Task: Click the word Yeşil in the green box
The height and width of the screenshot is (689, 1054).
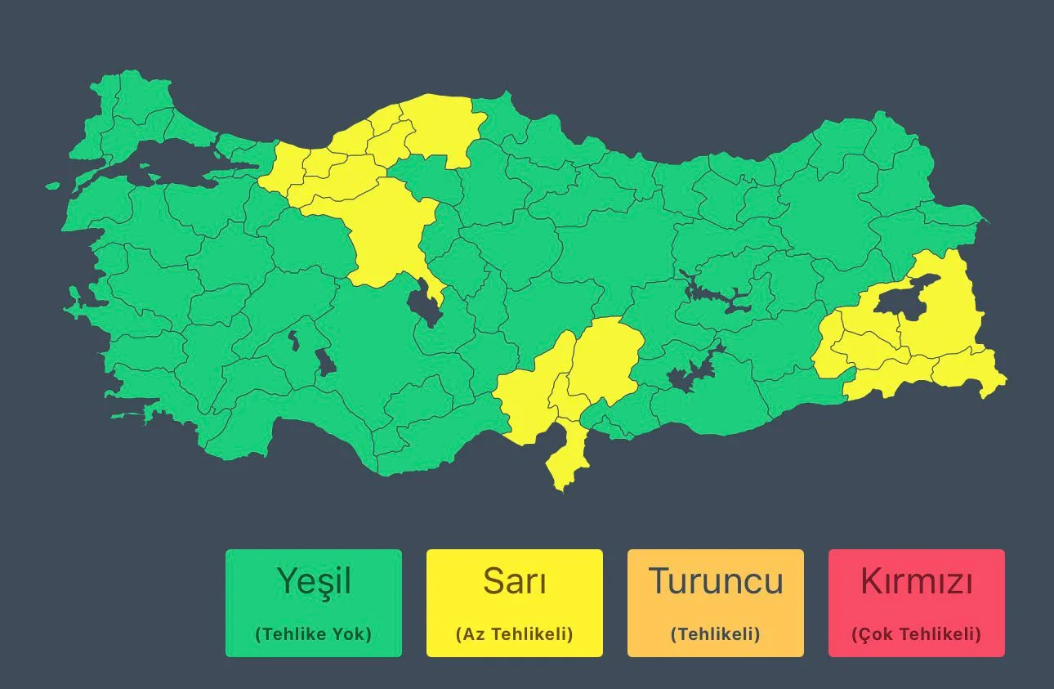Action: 314,582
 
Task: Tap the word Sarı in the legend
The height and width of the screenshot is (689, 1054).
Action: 515,582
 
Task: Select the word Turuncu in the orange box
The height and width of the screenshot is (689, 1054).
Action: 716,582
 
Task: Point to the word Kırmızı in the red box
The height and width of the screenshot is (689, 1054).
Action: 917,582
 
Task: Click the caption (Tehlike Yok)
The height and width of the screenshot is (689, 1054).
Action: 314,634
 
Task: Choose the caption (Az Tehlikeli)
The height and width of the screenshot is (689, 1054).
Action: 515,634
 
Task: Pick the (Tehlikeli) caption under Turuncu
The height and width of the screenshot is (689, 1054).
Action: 716,634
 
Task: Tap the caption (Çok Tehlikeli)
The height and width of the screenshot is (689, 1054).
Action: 917,634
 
